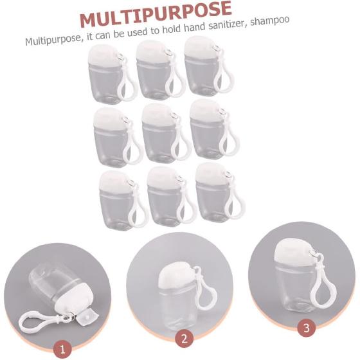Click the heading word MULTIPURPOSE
pos(155,17)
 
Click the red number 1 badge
pos(62,349)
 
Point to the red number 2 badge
pos(183,337)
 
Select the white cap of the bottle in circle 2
pos(172,276)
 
